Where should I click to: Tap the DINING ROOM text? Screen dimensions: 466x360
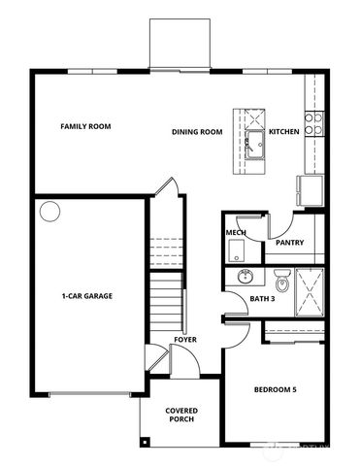pos(198,132)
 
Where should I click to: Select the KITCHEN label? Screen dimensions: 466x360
pos(283,132)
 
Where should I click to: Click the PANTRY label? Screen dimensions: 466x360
pos(290,243)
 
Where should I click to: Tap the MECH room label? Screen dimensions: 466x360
pos(235,233)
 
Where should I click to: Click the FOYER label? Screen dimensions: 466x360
pos(185,339)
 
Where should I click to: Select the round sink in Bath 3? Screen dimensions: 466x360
pos(245,276)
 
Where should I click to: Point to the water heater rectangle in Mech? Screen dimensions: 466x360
pos(236,251)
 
